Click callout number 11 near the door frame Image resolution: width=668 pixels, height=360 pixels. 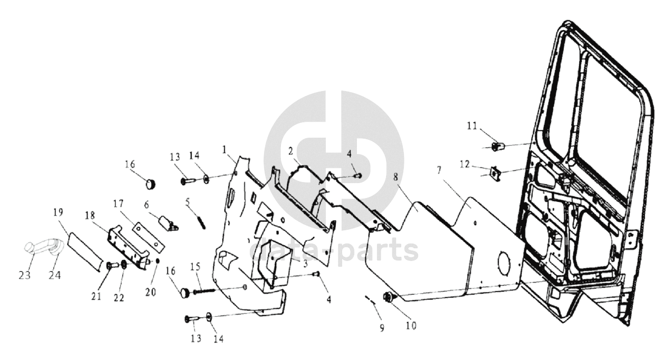tap(472, 126)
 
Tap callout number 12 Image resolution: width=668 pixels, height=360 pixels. tap(465, 165)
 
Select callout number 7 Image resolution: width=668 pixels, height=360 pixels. tap(439, 171)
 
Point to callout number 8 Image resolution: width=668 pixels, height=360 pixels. tap(396, 177)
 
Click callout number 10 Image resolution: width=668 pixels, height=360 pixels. tap(411, 326)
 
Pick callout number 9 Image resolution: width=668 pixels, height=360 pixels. tap(382, 328)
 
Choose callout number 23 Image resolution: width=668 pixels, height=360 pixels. tap(25, 275)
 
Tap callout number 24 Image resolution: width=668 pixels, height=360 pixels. tap(55, 275)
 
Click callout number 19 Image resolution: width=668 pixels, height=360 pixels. tap(59, 212)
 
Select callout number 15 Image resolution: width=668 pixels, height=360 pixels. tap(195, 267)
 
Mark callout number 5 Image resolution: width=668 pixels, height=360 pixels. tap(187, 202)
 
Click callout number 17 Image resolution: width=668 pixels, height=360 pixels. tap(118, 204)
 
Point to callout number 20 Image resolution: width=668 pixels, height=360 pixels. tap(151, 292)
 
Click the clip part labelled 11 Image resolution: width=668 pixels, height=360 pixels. tap(497, 147)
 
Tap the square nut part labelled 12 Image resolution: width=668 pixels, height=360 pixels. tap(496, 172)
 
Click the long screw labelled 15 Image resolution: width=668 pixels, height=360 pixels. tap(204, 291)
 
